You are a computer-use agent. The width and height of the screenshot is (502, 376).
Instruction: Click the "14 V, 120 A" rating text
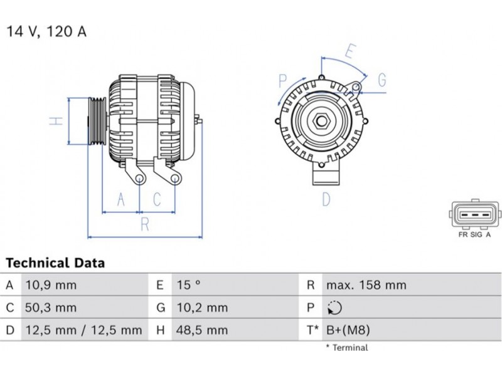pyautogui.click(x=46, y=32)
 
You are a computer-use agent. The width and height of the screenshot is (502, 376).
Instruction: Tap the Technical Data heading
pyautogui.click(x=55, y=263)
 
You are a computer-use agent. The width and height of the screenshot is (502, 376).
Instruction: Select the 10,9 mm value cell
pyautogui.click(x=51, y=285)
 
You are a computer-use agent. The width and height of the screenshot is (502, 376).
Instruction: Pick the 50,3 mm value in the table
pyautogui.click(x=51, y=308)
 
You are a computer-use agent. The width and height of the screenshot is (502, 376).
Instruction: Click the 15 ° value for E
pyautogui.click(x=189, y=285)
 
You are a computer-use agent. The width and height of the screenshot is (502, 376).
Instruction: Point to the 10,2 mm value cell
pyautogui.click(x=202, y=308)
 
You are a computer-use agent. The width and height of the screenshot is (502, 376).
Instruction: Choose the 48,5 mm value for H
pyautogui.click(x=202, y=330)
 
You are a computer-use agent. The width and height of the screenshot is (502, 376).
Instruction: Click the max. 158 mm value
pyautogui.click(x=366, y=285)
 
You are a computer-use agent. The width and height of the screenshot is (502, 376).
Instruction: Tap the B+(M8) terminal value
pyautogui.click(x=348, y=330)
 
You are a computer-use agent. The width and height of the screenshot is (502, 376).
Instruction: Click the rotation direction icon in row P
pyautogui.click(x=334, y=308)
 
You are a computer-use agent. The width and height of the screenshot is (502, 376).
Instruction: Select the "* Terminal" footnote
pyautogui.click(x=347, y=348)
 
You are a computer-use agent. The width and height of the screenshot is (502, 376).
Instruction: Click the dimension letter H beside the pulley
pyautogui.click(x=56, y=121)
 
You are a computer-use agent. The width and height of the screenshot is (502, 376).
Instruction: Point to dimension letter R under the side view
pyautogui.click(x=145, y=224)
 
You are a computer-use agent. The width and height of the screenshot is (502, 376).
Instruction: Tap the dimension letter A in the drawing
pyautogui.click(x=120, y=199)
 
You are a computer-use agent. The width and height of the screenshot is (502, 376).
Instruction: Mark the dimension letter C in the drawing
pyautogui.click(x=157, y=199)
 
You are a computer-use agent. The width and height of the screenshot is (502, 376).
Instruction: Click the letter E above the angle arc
pyautogui.click(x=351, y=51)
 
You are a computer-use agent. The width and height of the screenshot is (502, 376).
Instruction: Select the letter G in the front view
pyautogui.click(x=382, y=80)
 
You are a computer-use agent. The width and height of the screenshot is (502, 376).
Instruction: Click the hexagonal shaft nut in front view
pyautogui.click(x=321, y=121)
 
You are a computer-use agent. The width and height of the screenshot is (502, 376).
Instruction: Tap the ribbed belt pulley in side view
pyautogui.click(x=97, y=121)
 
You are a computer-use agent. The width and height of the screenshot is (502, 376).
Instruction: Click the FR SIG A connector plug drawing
pyautogui.click(x=475, y=214)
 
